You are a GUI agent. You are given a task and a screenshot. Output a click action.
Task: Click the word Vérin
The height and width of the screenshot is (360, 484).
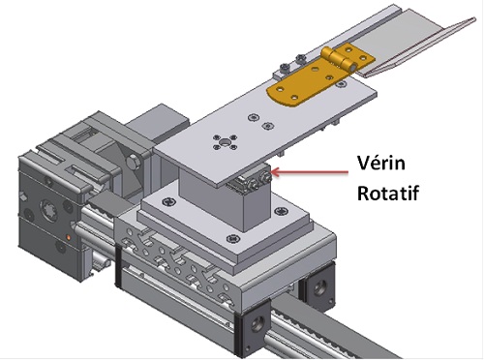click(381, 163)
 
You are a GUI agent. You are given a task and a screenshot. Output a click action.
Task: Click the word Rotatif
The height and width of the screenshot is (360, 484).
click(388, 193)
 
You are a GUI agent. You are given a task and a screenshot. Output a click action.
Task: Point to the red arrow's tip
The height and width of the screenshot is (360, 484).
click(273, 172)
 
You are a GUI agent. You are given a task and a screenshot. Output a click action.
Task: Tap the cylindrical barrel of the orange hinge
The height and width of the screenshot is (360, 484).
click(339, 60)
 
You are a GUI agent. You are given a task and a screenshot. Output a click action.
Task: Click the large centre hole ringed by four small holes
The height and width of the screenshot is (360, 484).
click(225, 142)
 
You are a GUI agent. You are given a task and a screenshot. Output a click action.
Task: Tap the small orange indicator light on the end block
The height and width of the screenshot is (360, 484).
click(69, 238)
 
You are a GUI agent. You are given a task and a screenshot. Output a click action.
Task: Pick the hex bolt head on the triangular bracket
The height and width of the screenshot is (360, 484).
click(132, 162)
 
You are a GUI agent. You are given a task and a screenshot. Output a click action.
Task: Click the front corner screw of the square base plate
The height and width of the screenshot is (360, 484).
click(233, 239)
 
